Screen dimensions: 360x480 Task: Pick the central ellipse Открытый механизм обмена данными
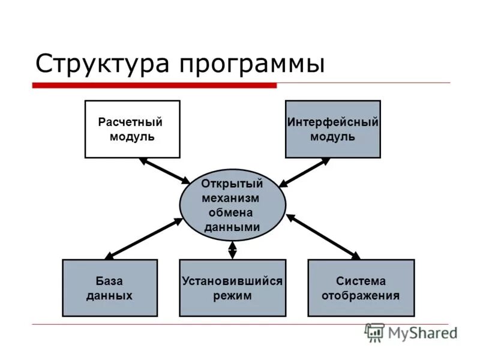pyautogui.click(x=232, y=205)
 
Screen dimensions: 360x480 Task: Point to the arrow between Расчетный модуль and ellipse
pyautogui.click(x=164, y=170)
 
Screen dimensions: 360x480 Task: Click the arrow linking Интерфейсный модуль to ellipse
pyautogui.click(x=305, y=172)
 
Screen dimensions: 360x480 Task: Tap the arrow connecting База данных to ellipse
pyautogui.click(x=144, y=239)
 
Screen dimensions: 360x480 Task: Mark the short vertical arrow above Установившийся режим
pyautogui.click(x=233, y=250)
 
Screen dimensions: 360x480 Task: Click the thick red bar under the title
pyautogui.click(x=154, y=86)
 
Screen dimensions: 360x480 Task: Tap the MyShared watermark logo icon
pyautogui.click(x=375, y=332)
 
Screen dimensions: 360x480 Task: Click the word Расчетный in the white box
pyautogui.click(x=130, y=122)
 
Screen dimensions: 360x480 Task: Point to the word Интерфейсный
pyautogui.click(x=332, y=122)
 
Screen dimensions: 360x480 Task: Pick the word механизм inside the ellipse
pyautogui.click(x=232, y=198)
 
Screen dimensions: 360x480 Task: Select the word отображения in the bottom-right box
pyautogui.click(x=361, y=295)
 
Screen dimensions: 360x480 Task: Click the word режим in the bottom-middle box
pyautogui.click(x=232, y=295)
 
